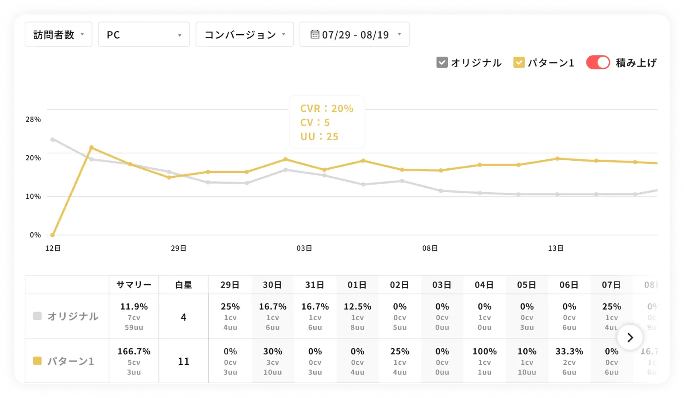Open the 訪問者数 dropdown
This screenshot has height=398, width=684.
pyautogui.click(x=58, y=35)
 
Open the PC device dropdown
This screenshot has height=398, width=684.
pyautogui.click(x=144, y=35)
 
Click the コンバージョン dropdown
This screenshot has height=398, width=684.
pyautogui.click(x=244, y=35)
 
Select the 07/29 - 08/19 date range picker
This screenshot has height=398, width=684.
pyautogui.click(x=355, y=35)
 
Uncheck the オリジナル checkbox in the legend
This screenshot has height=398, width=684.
pyautogui.click(x=442, y=63)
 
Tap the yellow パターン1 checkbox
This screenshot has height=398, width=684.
pyautogui.click(x=519, y=63)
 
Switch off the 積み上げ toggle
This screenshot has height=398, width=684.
pyautogui.click(x=598, y=63)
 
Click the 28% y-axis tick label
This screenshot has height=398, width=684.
pyautogui.click(x=33, y=119)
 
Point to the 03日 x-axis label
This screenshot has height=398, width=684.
pyautogui.click(x=304, y=248)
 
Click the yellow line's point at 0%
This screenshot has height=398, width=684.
pyautogui.click(x=53, y=235)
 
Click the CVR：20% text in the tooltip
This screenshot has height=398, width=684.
pyautogui.click(x=327, y=109)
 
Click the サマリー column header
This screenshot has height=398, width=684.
pyautogui.click(x=134, y=285)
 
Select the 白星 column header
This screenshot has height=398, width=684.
pyautogui.click(x=184, y=285)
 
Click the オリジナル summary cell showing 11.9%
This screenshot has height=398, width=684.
pyautogui.click(x=134, y=307)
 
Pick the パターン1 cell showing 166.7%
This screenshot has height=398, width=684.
pyautogui.click(x=134, y=352)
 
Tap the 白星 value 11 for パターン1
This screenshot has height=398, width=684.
pyautogui.click(x=184, y=362)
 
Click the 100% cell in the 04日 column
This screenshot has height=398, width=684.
pyautogui.click(x=484, y=352)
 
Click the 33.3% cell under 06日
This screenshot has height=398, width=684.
pyautogui.click(x=569, y=352)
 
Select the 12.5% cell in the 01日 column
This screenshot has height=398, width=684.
pyautogui.click(x=357, y=307)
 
